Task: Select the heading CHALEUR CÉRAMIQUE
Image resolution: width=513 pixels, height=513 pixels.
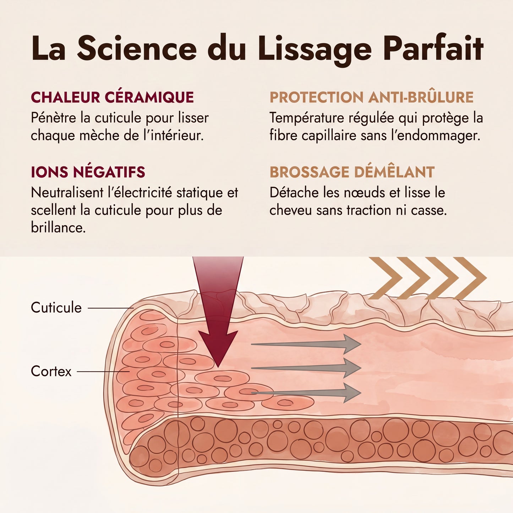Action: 112,97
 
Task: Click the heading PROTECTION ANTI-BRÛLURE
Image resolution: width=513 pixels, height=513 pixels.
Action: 371,97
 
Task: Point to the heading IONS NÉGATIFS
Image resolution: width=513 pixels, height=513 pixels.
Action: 88,172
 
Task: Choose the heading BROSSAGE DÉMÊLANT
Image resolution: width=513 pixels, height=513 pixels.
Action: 352,172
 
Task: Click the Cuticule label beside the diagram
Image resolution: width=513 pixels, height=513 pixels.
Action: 56,308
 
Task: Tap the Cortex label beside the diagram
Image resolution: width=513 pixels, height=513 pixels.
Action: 51,371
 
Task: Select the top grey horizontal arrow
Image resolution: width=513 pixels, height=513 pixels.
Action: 306,344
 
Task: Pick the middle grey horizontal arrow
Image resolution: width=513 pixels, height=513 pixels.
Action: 306,368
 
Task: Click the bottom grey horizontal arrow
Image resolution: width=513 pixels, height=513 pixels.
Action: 306,393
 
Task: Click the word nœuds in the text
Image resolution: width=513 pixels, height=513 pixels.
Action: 365,193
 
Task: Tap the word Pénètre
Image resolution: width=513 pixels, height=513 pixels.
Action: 54,118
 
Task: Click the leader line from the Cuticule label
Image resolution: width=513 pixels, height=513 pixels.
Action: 110,308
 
